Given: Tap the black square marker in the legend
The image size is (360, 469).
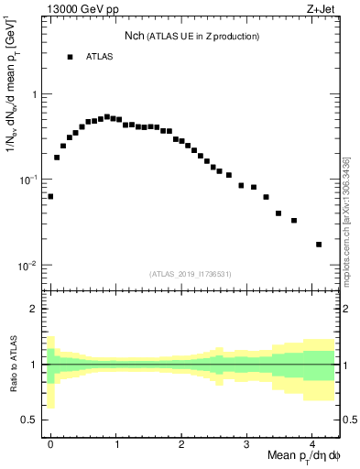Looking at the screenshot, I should pyautogui.click(x=70, y=57).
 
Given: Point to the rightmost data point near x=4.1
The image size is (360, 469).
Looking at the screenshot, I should pyautogui.click(x=319, y=245).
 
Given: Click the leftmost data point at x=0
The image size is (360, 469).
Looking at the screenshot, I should pyautogui.click(x=50, y=196).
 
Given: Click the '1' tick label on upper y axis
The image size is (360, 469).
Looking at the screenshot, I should pyautogui.click(x=34, y=94).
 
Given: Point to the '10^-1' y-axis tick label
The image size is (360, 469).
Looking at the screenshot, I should pyautogui.click(x=29, y=180).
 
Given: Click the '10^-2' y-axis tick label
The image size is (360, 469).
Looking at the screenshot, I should pyautogui.click(x=29, y=266).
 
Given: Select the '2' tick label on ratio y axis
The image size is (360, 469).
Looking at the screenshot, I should pyautogui.click(x=34, y=309).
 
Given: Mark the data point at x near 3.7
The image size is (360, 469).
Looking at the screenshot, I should pyautogui.click(x=293, y=220).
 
